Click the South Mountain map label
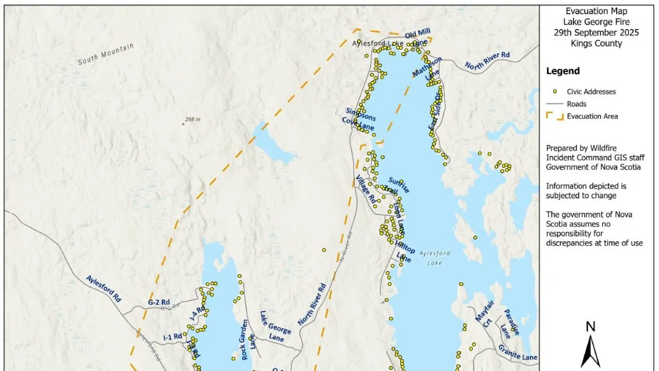pyautogui.click(x=106, y=54)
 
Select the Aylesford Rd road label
pyautogui.click(x=103, y=289)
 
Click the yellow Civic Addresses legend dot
pyautogui.click(x=555, y=92)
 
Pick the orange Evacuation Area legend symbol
pyautogui.click(x=555, y=116)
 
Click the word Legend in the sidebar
pyautogui.click(x=562, y=71)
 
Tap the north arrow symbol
pyautogui.click(x=590, y=350)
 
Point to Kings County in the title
pyautogui.click(x=596, y=43)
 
